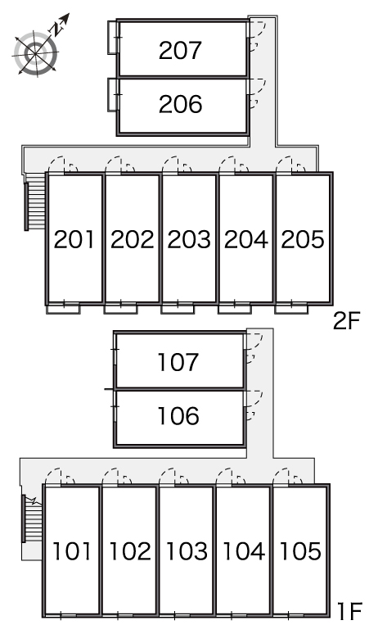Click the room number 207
(180, 51)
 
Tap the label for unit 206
(180, 104)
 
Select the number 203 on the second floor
(189, 239)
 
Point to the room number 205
(303, 239)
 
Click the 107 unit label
(178, 362)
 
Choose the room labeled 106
(178, 415)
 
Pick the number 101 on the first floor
(72, 551)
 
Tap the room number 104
(244, 551)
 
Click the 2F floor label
(346, 322)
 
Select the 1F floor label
(349, 611)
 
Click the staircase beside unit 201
(34, 202)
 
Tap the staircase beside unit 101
(32, 519)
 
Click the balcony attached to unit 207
(113, 37)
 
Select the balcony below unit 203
(178, 309)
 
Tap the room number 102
(130, 551)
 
